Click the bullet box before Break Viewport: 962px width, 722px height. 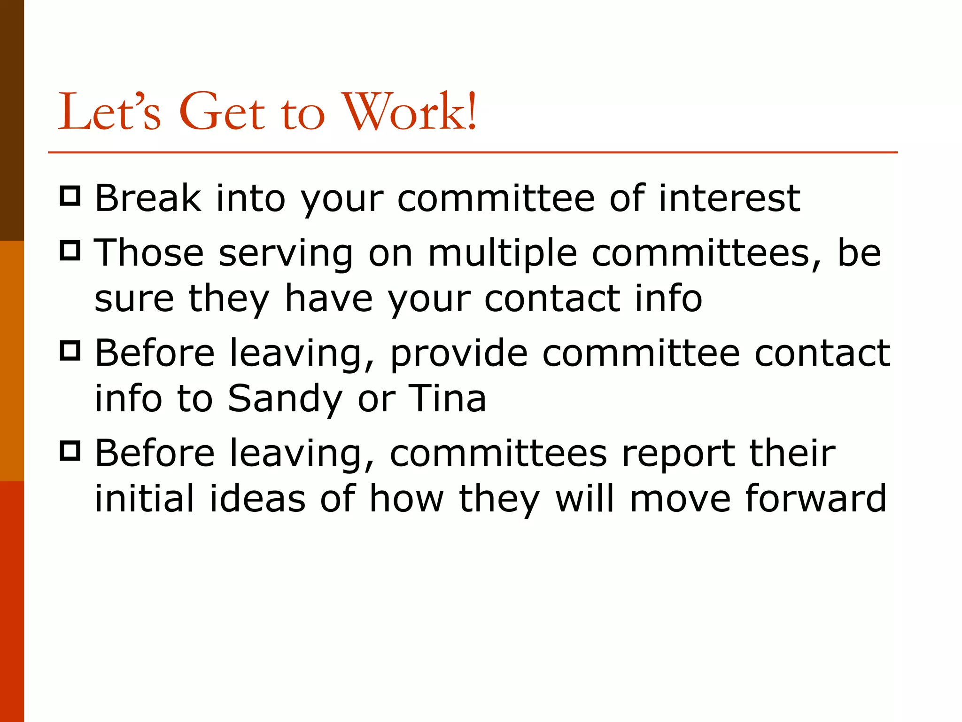(70, 196)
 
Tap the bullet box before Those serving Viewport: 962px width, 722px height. (70, 250)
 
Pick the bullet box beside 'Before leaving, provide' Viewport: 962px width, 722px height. (70, 351)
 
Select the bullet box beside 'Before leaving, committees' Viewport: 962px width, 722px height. (70, 451)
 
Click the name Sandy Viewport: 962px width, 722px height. (285, 399)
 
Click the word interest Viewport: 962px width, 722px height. (729, 198)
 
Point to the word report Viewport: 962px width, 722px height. (678, 455)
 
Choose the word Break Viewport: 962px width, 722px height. (148, 198)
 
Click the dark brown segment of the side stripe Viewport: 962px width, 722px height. (12, 120)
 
